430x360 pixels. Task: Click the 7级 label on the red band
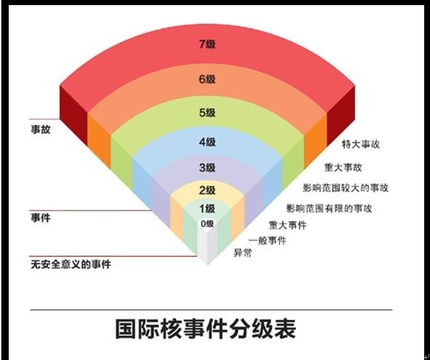(207, 44)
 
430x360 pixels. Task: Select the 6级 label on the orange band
(207, 79)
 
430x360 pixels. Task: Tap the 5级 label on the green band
(207, 112)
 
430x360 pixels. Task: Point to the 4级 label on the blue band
(207, 142)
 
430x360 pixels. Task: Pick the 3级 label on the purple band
(207, 168)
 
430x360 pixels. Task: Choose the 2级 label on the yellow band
(207, 190)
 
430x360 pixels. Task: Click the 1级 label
(207, 209)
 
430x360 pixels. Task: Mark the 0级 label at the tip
(207, 224)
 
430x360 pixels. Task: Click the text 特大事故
(360, 144)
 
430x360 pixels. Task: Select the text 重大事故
(343, 168)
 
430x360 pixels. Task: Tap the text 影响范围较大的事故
(346, 188)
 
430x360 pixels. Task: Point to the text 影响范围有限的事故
(329, 208)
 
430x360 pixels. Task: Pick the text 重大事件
(288, 225)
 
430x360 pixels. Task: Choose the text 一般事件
(267, 241)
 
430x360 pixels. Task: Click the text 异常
(243, 253)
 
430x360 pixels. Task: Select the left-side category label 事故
(41, 129)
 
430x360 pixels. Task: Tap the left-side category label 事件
(41, 218)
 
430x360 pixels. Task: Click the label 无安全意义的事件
(70, 264)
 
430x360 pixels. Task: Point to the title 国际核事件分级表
(206, 329)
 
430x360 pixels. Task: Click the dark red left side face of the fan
(73, 115)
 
